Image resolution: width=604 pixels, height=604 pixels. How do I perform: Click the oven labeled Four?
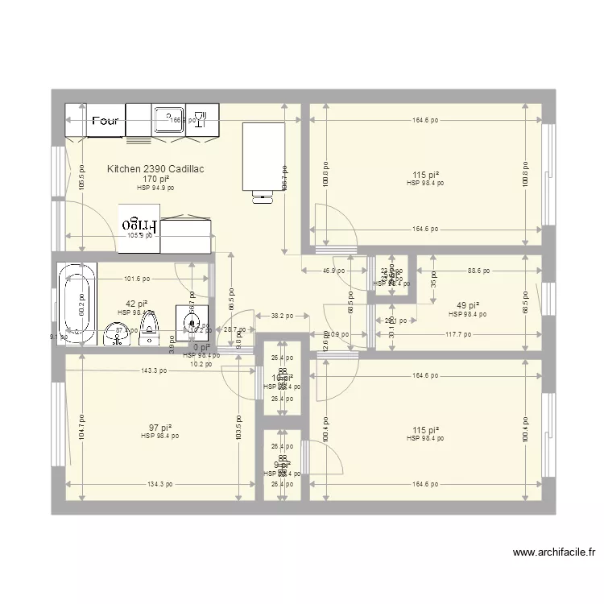(96, 122)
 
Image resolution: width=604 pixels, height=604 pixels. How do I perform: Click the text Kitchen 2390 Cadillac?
(155, 169)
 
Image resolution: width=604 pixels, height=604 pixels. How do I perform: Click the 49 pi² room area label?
(466, 306)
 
